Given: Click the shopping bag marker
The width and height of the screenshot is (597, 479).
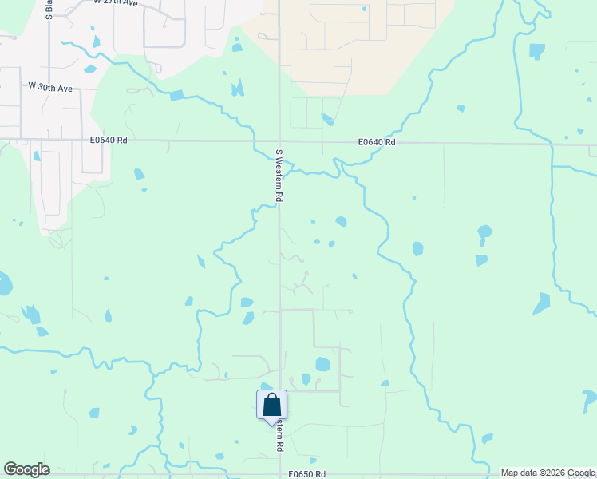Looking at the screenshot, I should click(271, 404).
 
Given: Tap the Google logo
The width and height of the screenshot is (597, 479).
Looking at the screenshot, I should click(26, 469).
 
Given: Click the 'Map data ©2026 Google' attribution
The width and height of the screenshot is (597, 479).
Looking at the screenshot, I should click(548, 473).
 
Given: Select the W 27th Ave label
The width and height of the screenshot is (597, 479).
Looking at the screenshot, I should click(116, 3).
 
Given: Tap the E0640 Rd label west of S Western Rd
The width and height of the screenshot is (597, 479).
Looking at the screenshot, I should click(109, 140).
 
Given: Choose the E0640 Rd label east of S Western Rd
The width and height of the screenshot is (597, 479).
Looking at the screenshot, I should click(377, 142).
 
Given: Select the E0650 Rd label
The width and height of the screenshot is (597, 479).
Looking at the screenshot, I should click(308, 474).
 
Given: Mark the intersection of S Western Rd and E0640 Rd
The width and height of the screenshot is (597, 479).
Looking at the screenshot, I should click(279, 141).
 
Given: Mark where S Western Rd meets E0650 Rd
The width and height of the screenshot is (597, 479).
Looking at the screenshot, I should click(279, 475).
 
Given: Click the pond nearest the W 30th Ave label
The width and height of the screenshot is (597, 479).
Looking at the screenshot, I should click(90, 69).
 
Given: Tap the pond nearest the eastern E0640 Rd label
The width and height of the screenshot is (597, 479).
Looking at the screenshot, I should click(327, 120).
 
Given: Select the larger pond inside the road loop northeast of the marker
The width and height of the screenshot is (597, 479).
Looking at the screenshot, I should click(322, 365).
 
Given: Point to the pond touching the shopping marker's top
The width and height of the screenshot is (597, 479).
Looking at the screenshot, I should click(266, 386).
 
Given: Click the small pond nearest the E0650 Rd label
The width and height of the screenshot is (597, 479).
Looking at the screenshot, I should click(313, 461).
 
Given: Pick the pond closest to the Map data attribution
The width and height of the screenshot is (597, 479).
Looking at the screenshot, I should click(487, 438).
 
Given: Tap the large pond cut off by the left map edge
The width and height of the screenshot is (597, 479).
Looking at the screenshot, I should click(5, 283).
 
